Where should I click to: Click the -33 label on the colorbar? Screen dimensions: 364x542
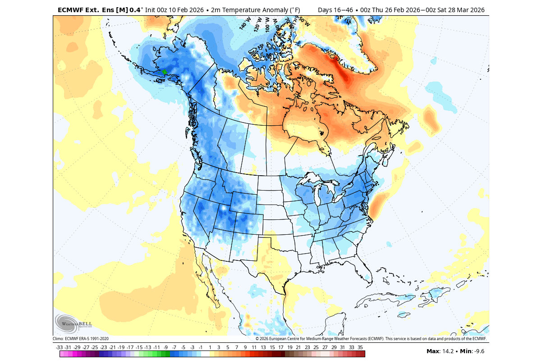pyautogui.click(x=59, y=347)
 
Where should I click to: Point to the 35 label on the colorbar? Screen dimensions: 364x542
pyautogui.click(x=360, y=347)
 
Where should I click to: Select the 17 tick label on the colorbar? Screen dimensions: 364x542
pyautogui.click(x=280, y=347)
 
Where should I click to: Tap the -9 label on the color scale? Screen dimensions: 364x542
pyautogui.click(x=165, y=347)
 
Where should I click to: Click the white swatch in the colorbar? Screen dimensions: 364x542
pyautogui.click(x=205, y=354)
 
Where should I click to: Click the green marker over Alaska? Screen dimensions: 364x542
pyautogui.click(x=165, y=72)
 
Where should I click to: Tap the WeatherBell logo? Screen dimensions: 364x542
pyautogui.click(x=73, y=323)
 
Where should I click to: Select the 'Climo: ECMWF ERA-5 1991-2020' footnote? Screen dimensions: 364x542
pyautogui.click(x=81, y=339)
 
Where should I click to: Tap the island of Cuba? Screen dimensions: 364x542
pyautogui.click(x=388, y=297)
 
